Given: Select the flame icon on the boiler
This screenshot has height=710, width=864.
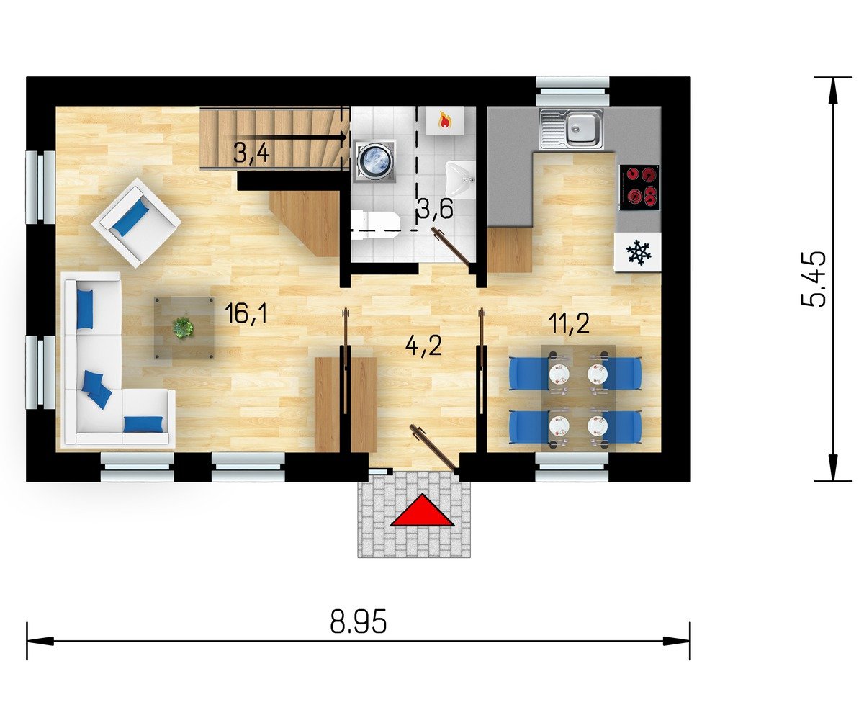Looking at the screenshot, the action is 444,121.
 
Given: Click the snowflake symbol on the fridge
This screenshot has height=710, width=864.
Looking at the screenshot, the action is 639,251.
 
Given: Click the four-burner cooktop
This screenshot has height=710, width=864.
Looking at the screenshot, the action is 639,187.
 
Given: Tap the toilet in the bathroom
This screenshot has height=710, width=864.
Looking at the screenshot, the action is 375,225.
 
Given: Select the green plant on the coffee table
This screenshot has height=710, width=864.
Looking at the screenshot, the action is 183,328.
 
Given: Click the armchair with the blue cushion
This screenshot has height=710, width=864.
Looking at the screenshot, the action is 136,221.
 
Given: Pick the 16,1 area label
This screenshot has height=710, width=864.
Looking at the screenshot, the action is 246,314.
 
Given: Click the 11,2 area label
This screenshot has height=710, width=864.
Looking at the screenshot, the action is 569,323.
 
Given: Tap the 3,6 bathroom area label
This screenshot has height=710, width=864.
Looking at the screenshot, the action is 434,208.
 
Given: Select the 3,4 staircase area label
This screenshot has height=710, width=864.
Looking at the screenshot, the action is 251,153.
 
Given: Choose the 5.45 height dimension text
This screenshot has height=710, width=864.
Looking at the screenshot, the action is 812,278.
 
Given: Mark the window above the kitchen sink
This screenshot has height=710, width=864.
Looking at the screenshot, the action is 572,91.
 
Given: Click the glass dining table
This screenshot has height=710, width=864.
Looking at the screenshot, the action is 578,397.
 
